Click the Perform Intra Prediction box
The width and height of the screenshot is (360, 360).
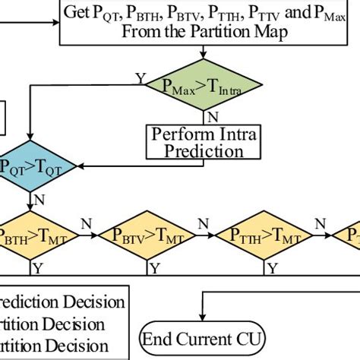204,142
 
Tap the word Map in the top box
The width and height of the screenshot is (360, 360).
270,33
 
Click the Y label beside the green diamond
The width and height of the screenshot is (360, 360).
140,77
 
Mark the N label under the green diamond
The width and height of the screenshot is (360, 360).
213,118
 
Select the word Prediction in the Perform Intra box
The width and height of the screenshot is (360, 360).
204,151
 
